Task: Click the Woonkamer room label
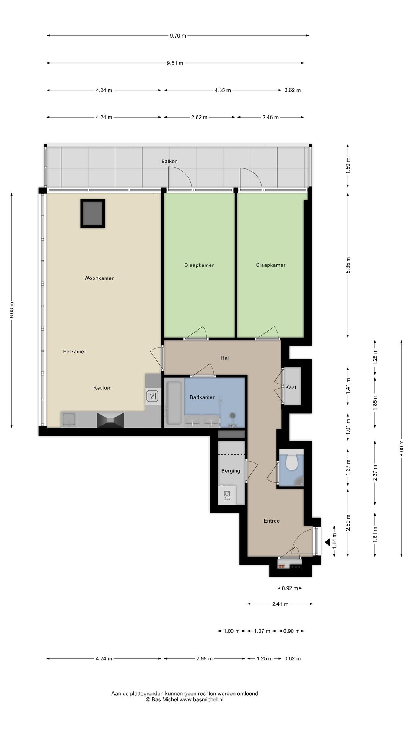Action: pos(99,278)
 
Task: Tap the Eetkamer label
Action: pos(75,351)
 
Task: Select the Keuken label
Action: pos(102,388)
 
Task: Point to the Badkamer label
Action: pos(202,397)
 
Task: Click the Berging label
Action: pos(231,471)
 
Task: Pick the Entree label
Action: pos(272,521)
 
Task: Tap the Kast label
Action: pos(291,387)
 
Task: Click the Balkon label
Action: pos(169,161)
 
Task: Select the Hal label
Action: pos(224,358)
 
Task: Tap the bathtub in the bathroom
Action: pos(174,403)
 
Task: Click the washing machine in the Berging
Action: pos(227,495)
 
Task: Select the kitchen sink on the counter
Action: pos(69,420)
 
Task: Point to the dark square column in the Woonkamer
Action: pos(93,213)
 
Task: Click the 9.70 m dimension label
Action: pos(178,36)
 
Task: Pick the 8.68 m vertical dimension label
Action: pos(11,310)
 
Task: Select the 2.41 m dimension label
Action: pos(280,604)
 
